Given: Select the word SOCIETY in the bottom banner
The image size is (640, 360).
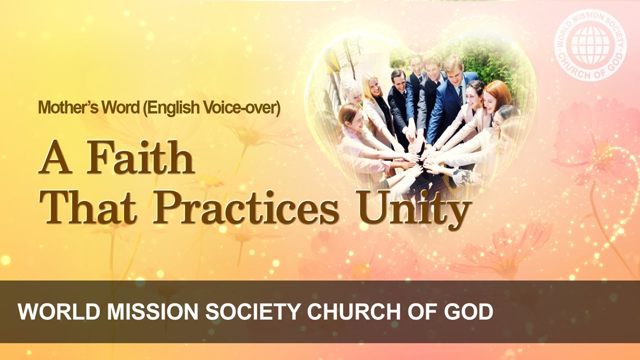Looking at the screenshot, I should coord(253,312).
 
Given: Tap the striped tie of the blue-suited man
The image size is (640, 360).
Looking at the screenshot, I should coord(460,95).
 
